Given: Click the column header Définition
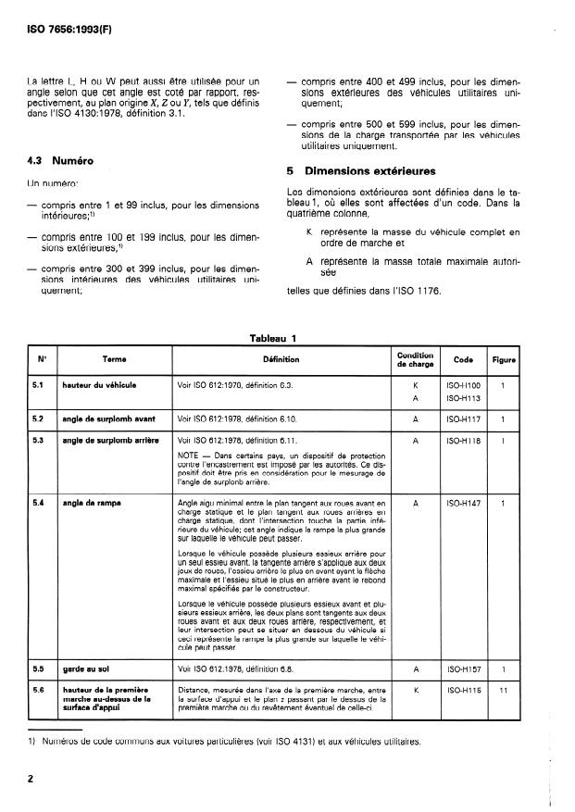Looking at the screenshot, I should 281,359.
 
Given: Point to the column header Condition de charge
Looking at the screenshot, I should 416,359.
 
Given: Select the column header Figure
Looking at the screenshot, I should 504,359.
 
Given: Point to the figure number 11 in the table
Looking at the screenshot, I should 503,716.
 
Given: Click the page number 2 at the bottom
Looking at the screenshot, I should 31,781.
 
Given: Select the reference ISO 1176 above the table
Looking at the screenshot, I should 418,294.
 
